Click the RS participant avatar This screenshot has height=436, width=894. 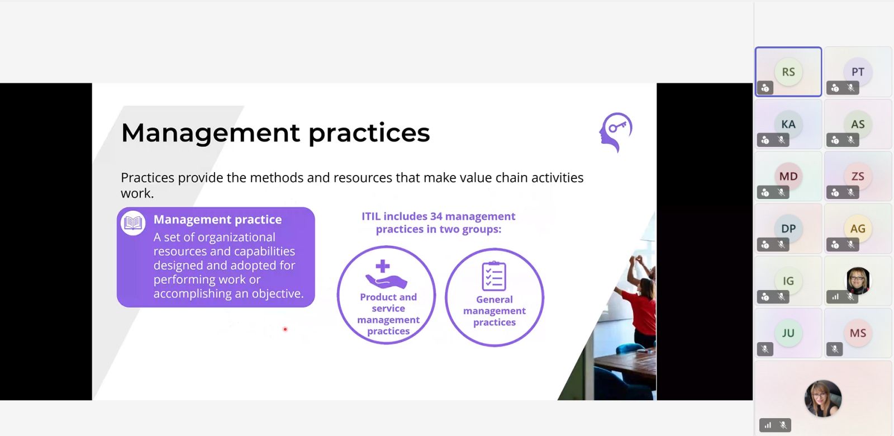[788, 72]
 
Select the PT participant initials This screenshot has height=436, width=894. [858, 72]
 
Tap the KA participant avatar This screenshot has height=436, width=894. [788, 124]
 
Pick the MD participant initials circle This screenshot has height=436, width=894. [788, 177]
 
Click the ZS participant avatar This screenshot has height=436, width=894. [858, 177]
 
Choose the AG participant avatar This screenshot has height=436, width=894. [858, 229]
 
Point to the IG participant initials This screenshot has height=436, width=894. [788, 281]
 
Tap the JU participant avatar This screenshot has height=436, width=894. [788, 333]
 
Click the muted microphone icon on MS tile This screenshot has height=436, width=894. [835, 349]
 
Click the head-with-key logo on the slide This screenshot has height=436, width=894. [616, 132]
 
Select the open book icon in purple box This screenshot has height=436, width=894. [133, 223]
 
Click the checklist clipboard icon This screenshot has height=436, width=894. [494, 276]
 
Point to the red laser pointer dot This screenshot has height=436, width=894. [285, 329]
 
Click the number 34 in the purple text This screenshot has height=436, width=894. [436, 216]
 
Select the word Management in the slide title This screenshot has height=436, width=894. [210, 133]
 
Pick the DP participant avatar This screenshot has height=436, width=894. [788, 229]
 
